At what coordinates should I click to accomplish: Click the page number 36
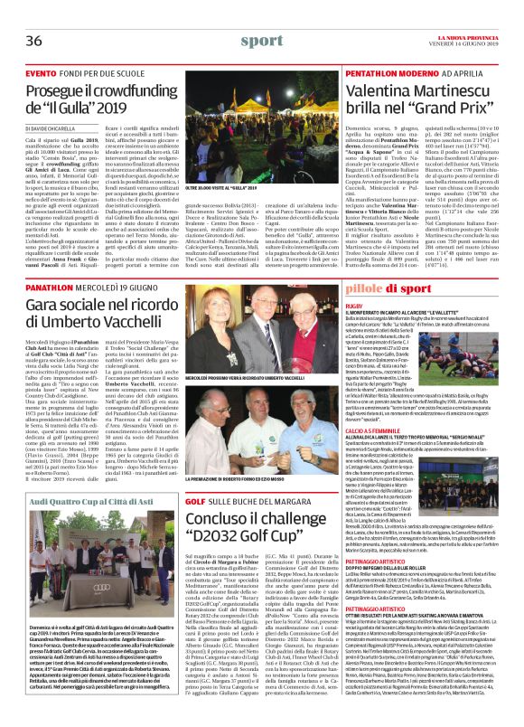point(35,17)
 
